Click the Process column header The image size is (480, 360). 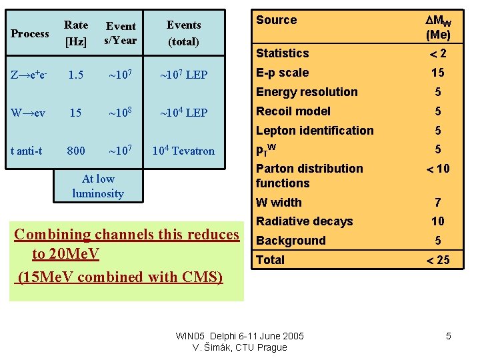pyautogui.click(x=31, y=33)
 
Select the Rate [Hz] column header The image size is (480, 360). pyautogui.click(x=75, y=33)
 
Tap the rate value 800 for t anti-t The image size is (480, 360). pyautogui.click(x=77, y=151)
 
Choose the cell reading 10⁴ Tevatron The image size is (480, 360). pyautogui.click(x=183, y=151)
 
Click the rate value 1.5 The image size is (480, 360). pyautogui.click(x=75, y=75)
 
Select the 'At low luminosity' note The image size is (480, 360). pyautogui.click(x=98, y=186)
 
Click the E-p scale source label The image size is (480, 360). pyautogui.click(x=283, y=73)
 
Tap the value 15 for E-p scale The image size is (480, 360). pyautogui.click(x=437, y=73)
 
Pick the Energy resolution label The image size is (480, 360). pyautogui.click(x=307, y=92)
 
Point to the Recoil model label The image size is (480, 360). pyautogui.click(x=293, y=111)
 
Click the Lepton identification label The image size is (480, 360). pyautogui.click(x=315, y=131)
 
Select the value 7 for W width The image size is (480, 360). pyautogui.click(x=437, y=202)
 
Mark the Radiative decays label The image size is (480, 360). pyautogui.click(x=305, y=221)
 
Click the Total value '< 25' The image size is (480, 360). pyautogui.click(x=437, y=260)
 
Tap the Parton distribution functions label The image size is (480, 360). pyautogui.click(x=309, y=176)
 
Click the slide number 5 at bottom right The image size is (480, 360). pyautogui.click(x=449, y=336)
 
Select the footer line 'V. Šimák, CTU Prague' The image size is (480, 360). pyautogui.click(x=239, y=347)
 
